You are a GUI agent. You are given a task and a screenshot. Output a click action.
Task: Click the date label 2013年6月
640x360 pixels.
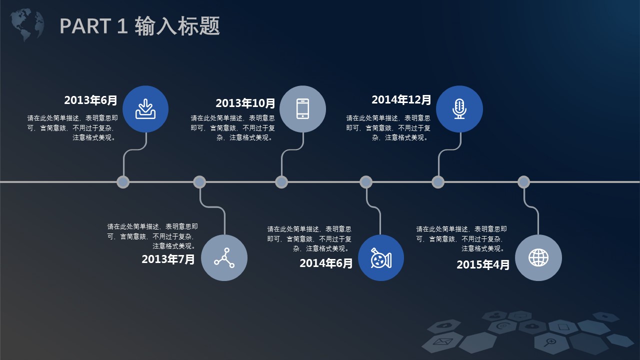90,100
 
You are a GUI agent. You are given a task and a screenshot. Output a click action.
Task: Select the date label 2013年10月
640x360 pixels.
245,103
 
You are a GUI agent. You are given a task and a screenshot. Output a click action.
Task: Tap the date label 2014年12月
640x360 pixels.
401,99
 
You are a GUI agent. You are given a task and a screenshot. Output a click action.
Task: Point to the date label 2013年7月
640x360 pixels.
168,259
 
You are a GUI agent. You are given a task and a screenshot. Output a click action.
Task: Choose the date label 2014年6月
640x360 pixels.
326,263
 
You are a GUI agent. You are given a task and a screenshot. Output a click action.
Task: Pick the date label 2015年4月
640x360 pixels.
483,264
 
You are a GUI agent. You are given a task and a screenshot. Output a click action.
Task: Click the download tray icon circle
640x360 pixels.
145,109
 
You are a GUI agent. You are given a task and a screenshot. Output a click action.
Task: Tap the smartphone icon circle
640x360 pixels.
302,109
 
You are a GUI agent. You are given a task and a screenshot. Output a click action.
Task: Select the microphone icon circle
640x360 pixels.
459,109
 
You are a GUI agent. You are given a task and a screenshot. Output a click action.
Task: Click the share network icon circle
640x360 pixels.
224,257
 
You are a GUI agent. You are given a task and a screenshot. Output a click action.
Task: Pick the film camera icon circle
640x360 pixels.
381,257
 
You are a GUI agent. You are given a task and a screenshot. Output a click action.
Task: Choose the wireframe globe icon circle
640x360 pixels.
538,257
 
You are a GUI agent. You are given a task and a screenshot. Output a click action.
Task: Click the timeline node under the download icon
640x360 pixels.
123,182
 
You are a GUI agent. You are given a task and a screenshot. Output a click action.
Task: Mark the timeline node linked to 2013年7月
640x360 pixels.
199,182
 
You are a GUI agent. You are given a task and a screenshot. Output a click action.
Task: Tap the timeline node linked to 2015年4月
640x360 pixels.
523,182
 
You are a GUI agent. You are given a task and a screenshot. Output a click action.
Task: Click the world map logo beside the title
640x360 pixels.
27,24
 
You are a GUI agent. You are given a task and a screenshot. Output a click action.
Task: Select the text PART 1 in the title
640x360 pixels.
93,26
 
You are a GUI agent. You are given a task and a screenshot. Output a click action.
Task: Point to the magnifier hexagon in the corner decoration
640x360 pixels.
550,342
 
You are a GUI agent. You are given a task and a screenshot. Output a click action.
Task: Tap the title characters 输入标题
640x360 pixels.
177,25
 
